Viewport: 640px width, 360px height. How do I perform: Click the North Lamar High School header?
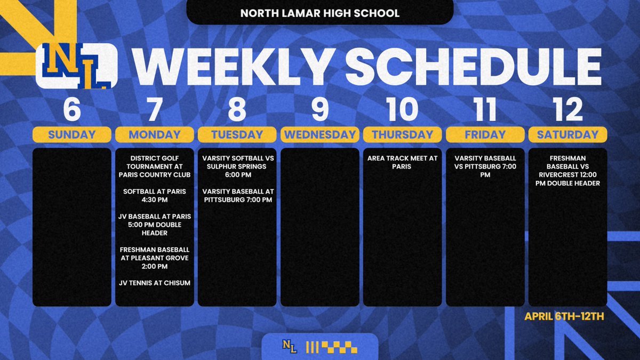[x=319, y=13]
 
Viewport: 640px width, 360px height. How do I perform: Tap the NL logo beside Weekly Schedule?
[x=77, y=66]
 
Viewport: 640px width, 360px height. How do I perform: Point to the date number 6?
[x=72, y=109]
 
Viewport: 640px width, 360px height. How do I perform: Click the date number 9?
[x=319, y=109]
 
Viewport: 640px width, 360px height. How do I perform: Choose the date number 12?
[x=567, y=109]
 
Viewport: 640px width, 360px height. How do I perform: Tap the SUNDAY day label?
[x=72, y=134]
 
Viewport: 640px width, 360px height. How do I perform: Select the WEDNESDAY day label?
[x=319, y=134]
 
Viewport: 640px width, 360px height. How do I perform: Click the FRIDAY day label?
[x=485, y=134]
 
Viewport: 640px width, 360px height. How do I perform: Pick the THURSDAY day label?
[x=402, y=134]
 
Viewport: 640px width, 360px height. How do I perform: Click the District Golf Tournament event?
[x=154, y=166]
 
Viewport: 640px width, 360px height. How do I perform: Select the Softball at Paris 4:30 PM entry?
[x=154, y=195]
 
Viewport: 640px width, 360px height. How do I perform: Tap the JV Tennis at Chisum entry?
[x=154, y=283]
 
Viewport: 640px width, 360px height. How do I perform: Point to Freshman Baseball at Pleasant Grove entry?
[x=154, y=258]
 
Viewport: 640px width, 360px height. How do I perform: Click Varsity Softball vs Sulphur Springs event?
[x=237, y=166]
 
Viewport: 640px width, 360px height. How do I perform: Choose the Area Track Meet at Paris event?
[x=402, y=162]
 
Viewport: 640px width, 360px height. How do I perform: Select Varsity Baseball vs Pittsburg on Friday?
[x=485, y=166]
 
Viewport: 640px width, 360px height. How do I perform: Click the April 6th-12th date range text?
[x=564, y=316]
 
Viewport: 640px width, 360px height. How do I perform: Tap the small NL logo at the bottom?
[x=290, y=347]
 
